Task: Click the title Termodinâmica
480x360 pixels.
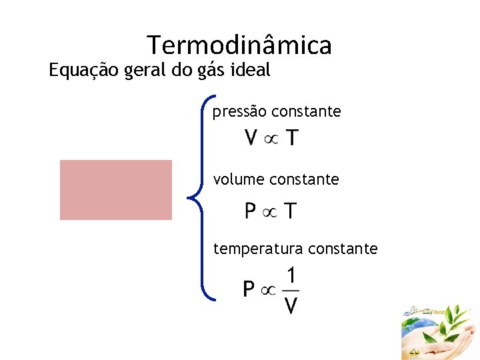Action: point(239,45)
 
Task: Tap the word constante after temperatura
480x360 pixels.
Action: point(345,249)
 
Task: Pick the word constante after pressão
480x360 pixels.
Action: point(308,112)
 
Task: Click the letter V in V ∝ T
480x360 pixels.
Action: point(252,139)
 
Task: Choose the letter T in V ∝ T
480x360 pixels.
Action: point(292,139)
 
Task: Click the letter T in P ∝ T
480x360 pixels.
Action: point(291,212)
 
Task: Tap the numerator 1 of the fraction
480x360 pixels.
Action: point(291,275)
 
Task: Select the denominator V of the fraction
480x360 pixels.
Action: point(291,306)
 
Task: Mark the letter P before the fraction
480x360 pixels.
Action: point(249,290)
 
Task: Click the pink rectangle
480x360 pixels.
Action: point(116,190)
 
